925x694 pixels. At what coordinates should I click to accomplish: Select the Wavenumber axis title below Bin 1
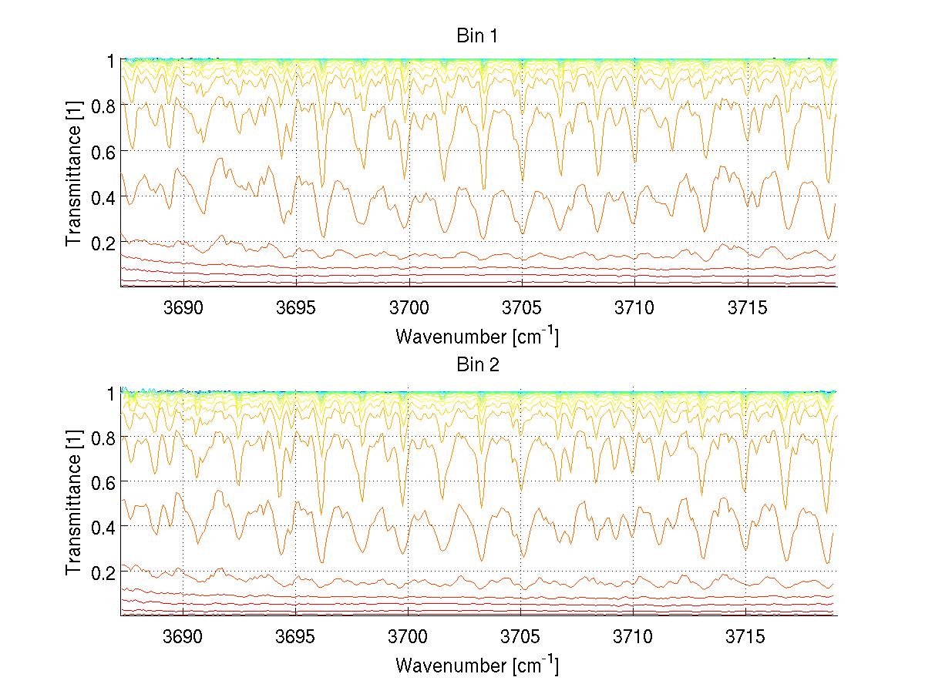coord(477,336)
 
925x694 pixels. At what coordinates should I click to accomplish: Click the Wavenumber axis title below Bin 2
coord(477,665)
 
